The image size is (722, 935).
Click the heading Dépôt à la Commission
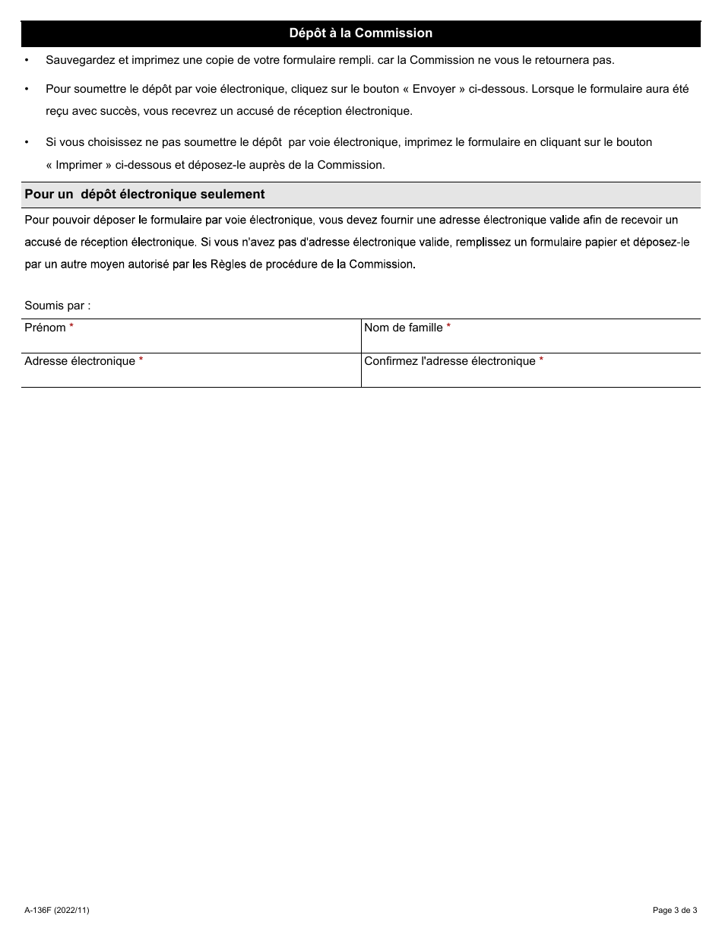coord(360,33)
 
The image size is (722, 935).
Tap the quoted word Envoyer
coord(434,89)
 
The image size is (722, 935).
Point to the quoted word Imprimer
coord(79,165)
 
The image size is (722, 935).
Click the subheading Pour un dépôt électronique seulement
coord(144,195)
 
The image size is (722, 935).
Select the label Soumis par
coord(57,306)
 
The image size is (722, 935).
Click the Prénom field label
coord(45,328)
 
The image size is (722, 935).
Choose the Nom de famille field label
coord(403,328)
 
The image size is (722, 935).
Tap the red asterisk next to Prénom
coord(71,327)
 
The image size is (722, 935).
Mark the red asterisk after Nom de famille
coord(448,327)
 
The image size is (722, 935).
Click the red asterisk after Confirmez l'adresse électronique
coord(541,360)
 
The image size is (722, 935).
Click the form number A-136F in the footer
coord(37,910)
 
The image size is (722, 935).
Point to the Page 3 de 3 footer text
coord(674,910)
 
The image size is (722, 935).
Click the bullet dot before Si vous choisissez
coord(27,142)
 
